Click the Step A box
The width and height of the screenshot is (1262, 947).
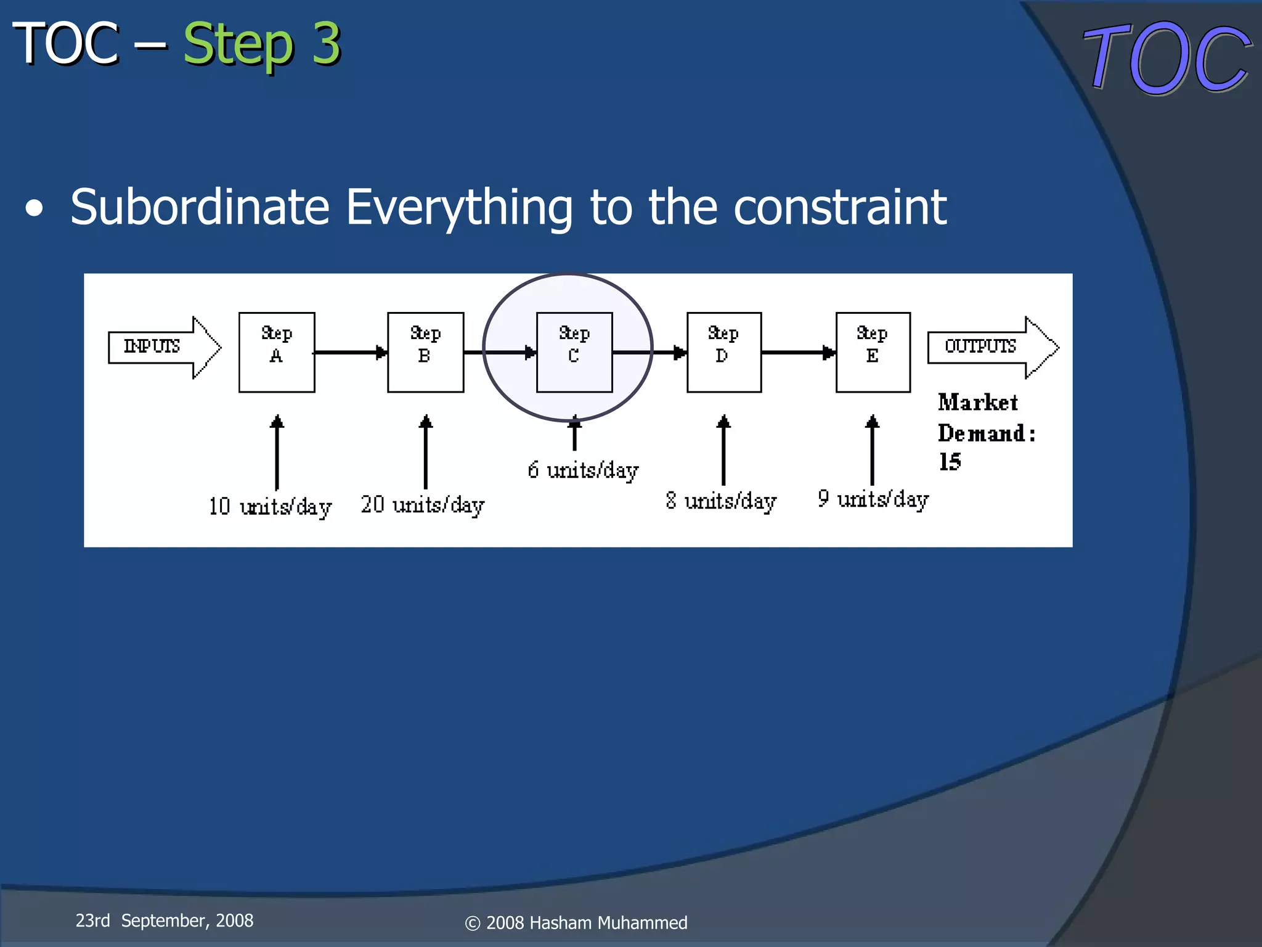(x=277, y=352)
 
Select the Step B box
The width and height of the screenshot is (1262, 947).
(x=425, y=352)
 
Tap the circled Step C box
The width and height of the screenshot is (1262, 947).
(x=574, y=352)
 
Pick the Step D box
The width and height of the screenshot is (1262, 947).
(x=723, y=352)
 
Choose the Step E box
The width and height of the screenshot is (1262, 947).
(x=873, y=352)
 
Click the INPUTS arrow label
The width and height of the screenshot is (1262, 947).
(x=152, y=346)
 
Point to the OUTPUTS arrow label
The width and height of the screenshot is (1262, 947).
(x=980, y=346)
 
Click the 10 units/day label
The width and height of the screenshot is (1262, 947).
(x=270, y=507)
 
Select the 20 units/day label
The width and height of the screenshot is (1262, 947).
(x=423, y=505)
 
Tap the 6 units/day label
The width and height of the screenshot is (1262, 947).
(x=583, y=470)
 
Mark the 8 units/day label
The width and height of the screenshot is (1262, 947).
(x=721, y=501)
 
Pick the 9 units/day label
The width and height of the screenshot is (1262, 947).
(x=873, y=499)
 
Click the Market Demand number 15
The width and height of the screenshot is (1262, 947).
(x=950, y=462)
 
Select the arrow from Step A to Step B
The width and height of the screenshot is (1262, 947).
(x=351, y=352)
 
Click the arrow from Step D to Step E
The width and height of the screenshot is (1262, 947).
(x=799, y=352)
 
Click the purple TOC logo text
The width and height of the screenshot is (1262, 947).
(x=1166, y=59)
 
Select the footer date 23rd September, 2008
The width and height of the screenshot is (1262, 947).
(x=165, y=920)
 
